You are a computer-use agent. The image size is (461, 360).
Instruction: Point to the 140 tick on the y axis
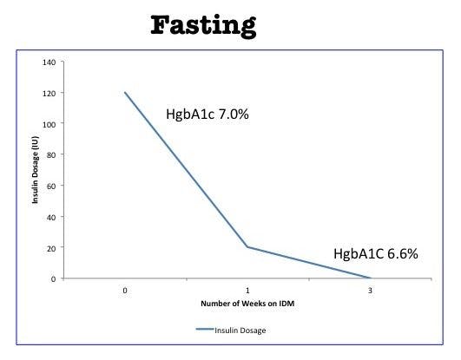click(49, 62)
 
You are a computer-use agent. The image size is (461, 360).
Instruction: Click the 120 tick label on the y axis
click(49, 93)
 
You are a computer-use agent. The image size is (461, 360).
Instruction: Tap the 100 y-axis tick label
click(49, 124)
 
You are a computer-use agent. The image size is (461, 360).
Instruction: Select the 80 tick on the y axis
click(51, 155)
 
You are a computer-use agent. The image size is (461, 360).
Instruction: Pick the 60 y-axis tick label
click(51, 186)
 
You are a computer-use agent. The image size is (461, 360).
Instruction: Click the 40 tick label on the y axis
click(51, 217)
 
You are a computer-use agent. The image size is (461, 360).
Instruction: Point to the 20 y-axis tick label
click(51, 248)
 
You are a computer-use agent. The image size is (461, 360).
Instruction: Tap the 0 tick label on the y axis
click(54, 278)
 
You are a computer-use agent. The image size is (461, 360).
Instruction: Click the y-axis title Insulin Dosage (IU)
click(36, 170)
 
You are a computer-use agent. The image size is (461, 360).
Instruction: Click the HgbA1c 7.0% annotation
click(207, 115)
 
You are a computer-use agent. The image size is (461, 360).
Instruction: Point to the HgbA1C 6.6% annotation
click(376, 254)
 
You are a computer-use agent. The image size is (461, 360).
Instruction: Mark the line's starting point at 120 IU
click(125, 93)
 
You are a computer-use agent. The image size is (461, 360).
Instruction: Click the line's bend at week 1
click(248, 247)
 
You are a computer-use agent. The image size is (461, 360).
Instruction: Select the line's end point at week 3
click(372, 278)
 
